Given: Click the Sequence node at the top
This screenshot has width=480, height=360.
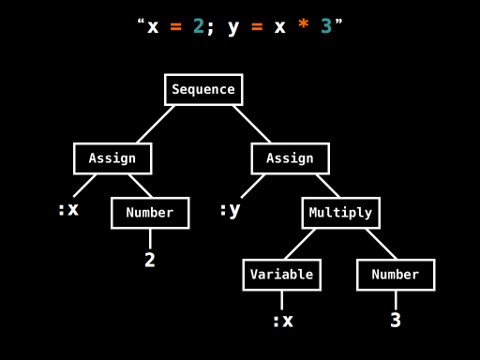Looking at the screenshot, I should pyautogui.click(x=203, y=90).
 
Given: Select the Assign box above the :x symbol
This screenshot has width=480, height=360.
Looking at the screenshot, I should pyautogui.click(x=112, y=158).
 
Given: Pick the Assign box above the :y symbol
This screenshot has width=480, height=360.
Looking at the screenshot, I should pyautogui.click(x=290, y=158).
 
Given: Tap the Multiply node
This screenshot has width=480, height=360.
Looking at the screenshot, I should pyautogui.click(x=340, y=213).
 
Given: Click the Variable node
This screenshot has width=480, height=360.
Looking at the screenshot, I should pyautogui.click(x=281, y=275).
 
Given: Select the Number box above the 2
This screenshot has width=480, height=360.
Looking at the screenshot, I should pyautogui.click(x=150, y=213).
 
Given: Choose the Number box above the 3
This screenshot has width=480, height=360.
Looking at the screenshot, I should pyautogui.click(x=396, y=275).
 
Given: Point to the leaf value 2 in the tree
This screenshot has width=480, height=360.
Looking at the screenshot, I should pyautogui.click(x=150, y=261).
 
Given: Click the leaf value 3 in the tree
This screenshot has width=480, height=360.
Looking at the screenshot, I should pyautogui.click(x=396, y=321).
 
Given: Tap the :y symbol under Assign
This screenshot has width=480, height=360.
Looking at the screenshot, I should pyautogui.click(x=230, y=210).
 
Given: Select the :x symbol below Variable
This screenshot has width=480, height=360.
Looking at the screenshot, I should pyautogui.click(x=282, y=321).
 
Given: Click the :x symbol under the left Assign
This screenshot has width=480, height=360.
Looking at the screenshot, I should pyautogui.click(x=68, y=210).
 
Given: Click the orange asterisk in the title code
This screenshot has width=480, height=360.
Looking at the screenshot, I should pyautogui.click(x=303, y=26).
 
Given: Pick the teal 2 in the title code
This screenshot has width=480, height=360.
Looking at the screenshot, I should pyautogui.click(x=199, y=26).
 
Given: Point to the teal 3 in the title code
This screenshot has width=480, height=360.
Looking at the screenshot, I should pyautogui.click(x=326, y=26).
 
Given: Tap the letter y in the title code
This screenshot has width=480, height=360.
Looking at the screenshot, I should pyautogui.click(x=233, y=27).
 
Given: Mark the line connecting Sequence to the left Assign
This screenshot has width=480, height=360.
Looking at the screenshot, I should pyautogui.click(x=156, y=124).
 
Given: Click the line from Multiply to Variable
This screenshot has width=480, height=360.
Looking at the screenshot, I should pyautogui.click(x=300, y=244).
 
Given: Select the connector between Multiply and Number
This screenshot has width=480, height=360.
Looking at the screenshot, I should pyautogui.click(x=381, y=244).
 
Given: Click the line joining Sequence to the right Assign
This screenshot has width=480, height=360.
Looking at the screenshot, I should pyautogui.click(x=251, y=124).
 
